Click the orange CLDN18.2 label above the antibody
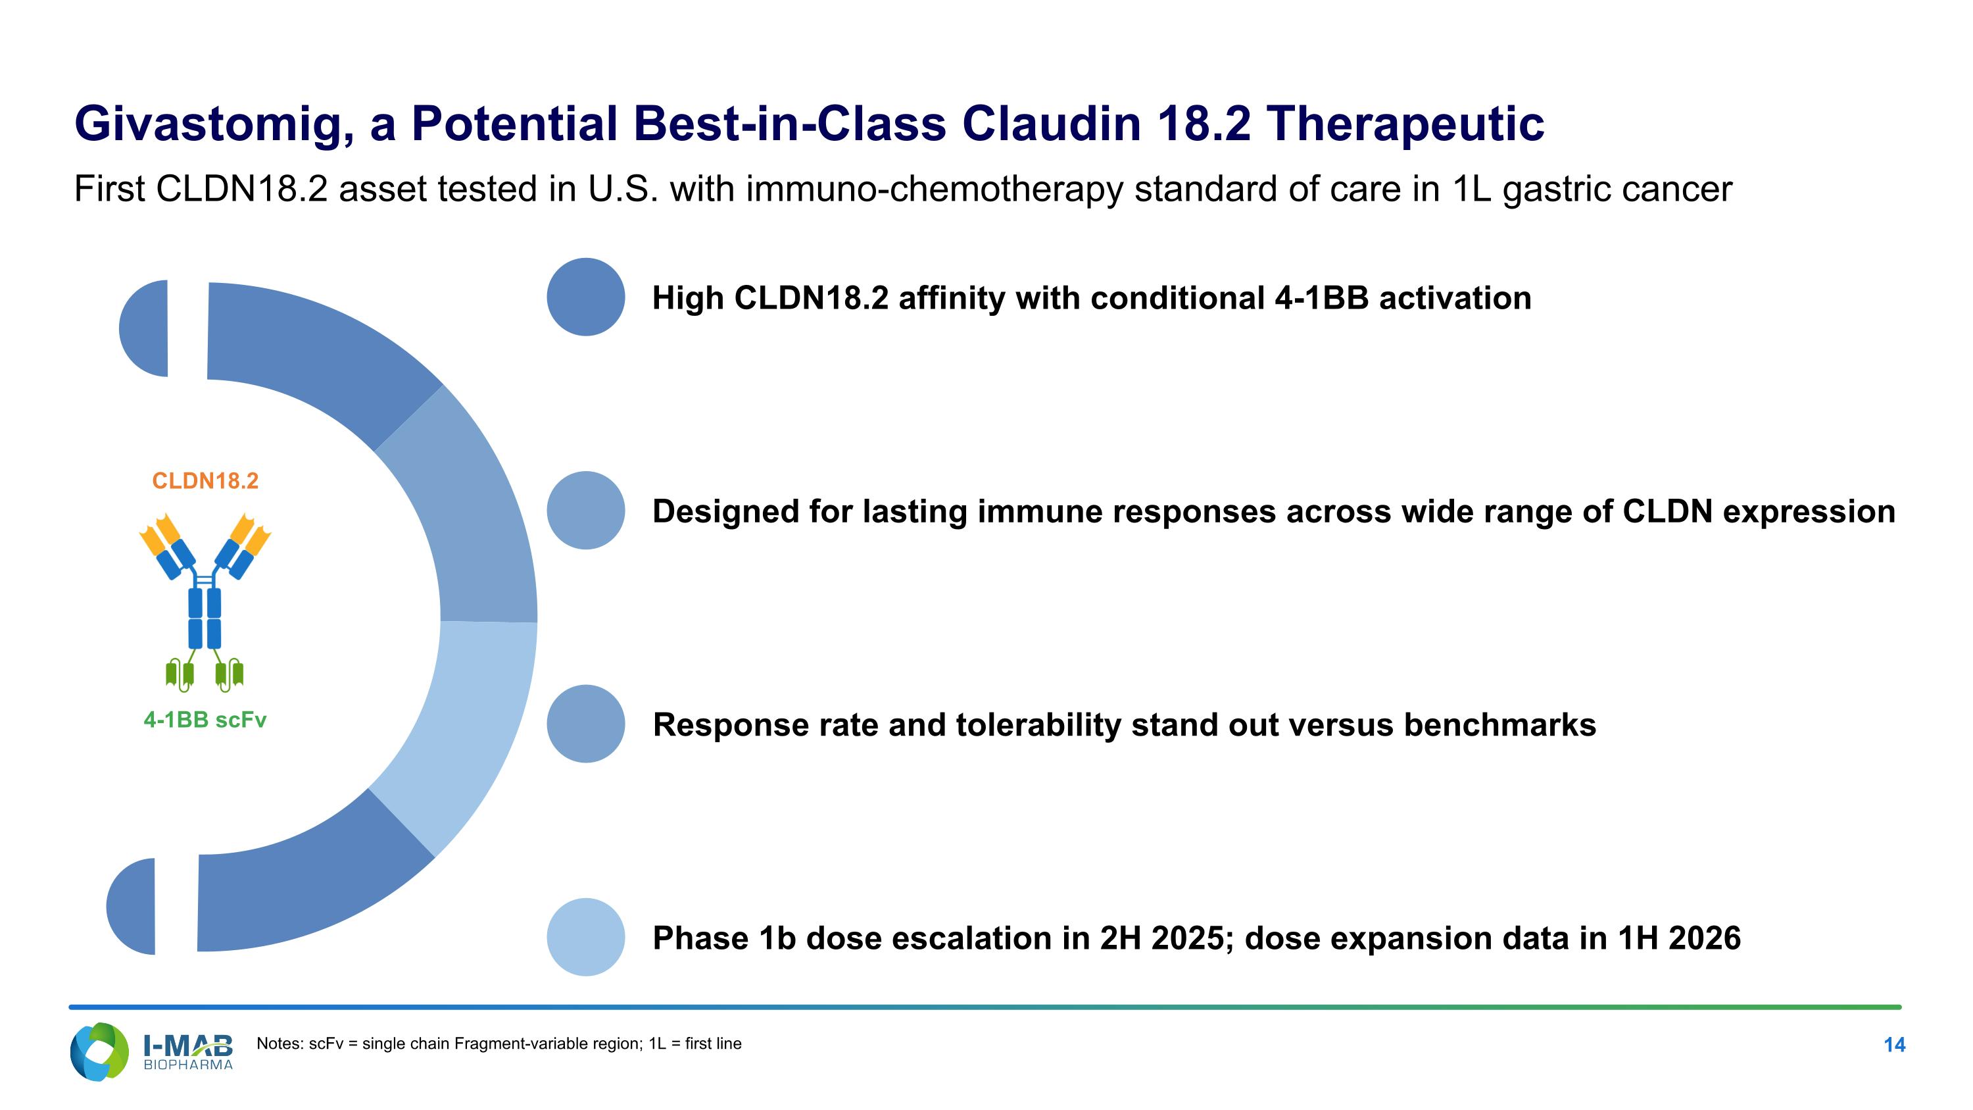205,481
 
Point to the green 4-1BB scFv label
205,720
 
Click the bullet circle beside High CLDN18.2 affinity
586,297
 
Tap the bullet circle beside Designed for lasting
586,510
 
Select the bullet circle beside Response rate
586,724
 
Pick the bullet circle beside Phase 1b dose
586,937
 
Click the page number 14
1894,1045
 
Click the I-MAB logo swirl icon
99,1052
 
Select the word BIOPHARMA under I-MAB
188,1065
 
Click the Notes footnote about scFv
499,1044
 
